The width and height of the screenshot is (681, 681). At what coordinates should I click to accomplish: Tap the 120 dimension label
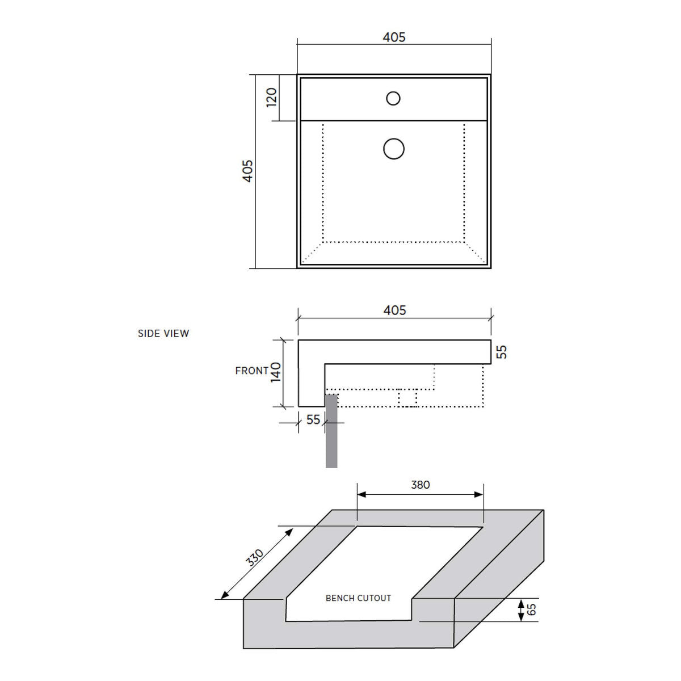[271, 98]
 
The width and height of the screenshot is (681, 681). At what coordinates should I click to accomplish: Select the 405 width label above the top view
[394, 37]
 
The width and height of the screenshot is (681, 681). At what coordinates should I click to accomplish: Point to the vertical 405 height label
[248, 171]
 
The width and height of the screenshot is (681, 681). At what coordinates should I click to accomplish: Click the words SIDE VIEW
[163, 333]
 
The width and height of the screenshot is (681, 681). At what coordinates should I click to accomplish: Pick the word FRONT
[252, 371]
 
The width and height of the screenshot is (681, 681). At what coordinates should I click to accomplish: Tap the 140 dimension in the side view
[276, 372]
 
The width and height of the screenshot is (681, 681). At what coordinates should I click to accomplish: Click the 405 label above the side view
[395, 310]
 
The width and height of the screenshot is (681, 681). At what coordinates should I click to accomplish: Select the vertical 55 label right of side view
[502, 352]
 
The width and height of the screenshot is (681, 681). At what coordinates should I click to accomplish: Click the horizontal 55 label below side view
[313, 419]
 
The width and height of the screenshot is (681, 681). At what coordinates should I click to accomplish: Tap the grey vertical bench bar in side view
[331, 431]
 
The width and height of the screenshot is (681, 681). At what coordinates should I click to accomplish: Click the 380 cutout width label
[420, 485]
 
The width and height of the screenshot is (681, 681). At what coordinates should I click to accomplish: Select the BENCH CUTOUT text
[358, 598]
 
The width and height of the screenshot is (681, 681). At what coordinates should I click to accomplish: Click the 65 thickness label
[531, 609]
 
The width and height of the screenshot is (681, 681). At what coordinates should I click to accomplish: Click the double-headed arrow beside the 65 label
[521, 610]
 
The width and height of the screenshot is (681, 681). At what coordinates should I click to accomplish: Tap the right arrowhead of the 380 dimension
[479, 494]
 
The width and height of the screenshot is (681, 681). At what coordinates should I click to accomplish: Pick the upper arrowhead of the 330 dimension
[289, 532]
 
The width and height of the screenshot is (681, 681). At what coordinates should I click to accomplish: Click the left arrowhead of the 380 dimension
[362, 494]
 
